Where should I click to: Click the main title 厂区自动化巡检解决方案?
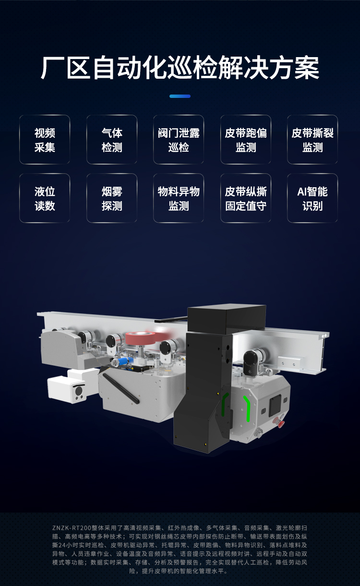coord(180,68)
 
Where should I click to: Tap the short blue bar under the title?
coord(180,96)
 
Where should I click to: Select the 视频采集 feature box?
coord(45,140)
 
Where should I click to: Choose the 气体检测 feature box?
coord(112,140)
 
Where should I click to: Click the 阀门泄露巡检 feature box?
coord(179,140)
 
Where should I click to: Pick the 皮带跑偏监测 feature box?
coord(246,140)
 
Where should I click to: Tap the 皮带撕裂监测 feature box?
coord(312,140)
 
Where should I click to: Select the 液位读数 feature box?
coord(45,198)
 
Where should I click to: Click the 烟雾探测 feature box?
coord(112,198)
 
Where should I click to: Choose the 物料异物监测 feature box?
coord(179,198)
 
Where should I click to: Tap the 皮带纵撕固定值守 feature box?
coord(246,198)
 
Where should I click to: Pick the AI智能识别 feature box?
coord(312,198)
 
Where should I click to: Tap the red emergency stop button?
coord(279,422)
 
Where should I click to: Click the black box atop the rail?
coord(227,318)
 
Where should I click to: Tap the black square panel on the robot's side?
coord(275,406)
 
